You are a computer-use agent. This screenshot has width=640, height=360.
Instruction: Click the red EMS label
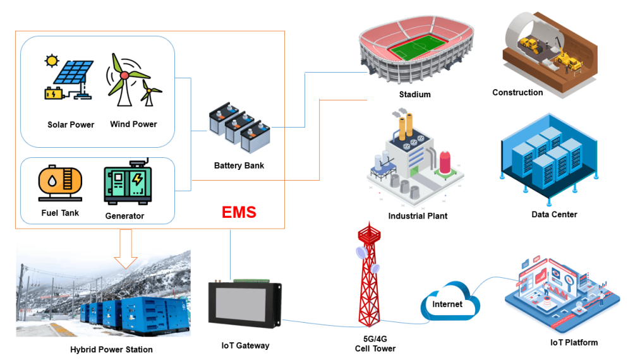tap(239, 212)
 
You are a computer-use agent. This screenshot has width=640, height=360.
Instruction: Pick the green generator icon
tap(129, 183)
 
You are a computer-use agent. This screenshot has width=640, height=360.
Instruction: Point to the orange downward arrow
tap(126, 247)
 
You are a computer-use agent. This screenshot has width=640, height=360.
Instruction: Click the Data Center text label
tap(554, 215)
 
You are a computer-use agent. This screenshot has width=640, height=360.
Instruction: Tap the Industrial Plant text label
tap(418, 216)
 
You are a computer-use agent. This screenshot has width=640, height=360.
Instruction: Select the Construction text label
tap(517, 93)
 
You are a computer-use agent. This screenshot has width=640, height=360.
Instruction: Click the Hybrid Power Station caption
tap(111, 349)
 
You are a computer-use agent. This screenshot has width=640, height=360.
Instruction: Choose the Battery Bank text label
tap(239, 166)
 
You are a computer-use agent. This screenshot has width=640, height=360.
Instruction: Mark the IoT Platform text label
tap(574, 342)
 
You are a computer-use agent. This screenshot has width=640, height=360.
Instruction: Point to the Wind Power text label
tap(133, 124)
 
